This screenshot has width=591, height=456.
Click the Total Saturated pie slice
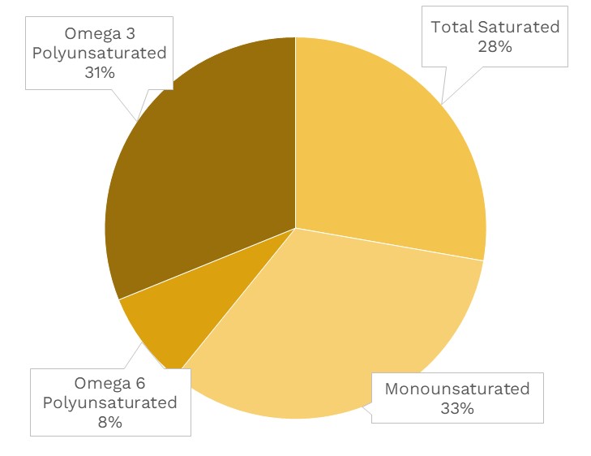click(x=381, y=162)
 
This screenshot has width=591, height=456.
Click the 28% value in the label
click(x=495, y=46)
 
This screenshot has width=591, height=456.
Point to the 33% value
click(x=457, y=408)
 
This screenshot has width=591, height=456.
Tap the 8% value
click(x=109, y=422)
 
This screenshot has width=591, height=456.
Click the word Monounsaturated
click(x=457, y=389)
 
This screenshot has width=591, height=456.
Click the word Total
click(x=452, y=27)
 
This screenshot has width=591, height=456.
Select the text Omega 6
click(x=110, y=383)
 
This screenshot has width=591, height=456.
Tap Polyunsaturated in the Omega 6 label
click(x=109, y=402)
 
